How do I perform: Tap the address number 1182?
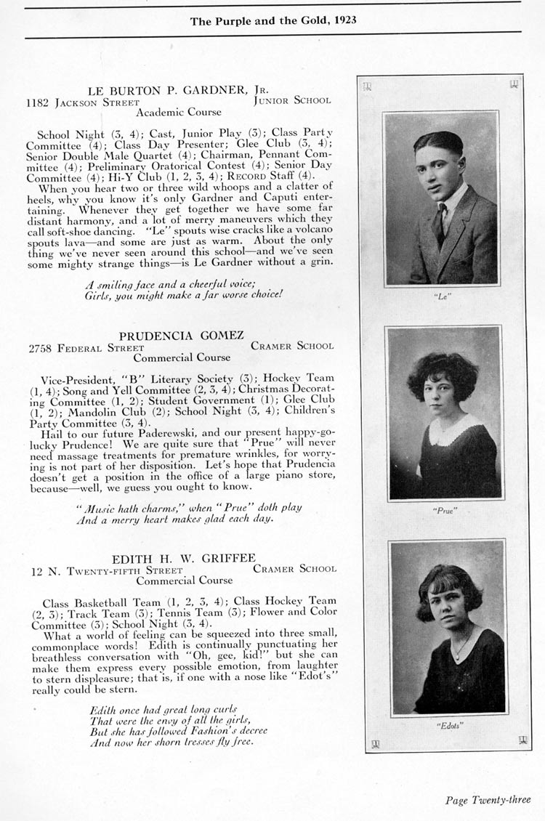coord(37,102)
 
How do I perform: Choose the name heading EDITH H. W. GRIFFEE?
coord(183,558)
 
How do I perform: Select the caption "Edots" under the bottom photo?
coord(448,726)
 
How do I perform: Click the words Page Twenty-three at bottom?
coord(488,800)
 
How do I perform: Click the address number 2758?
coord(41,347)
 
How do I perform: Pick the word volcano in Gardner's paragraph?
coord(312,227)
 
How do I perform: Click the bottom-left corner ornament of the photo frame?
coord(376,743)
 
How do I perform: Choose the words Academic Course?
coord(179,113)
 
